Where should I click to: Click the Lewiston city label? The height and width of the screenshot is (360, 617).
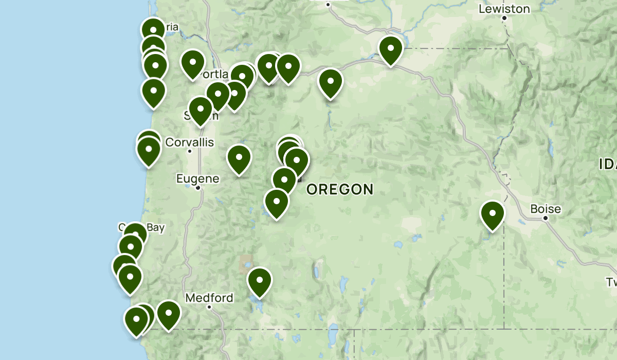504,9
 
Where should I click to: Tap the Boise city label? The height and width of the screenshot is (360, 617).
546,209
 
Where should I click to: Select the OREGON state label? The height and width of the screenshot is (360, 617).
339,189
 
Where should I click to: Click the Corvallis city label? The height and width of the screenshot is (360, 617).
190,142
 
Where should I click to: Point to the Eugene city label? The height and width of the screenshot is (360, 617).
197,179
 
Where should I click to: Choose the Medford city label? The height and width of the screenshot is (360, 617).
209,298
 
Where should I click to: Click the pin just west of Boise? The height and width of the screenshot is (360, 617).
492,214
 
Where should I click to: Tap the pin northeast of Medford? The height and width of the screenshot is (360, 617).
259,281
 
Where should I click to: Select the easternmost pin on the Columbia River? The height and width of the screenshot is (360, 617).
390,50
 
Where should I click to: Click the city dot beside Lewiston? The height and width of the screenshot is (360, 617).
504,18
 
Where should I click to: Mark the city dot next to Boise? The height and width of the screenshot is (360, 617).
546,218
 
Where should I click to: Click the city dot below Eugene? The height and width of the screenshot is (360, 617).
197,188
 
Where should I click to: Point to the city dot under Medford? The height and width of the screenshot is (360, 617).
209,307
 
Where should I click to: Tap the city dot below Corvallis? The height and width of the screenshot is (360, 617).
190,151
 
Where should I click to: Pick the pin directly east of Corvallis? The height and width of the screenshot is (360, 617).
239,159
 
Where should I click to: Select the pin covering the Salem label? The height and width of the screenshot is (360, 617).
200,110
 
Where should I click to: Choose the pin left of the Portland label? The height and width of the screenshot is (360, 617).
192,63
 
